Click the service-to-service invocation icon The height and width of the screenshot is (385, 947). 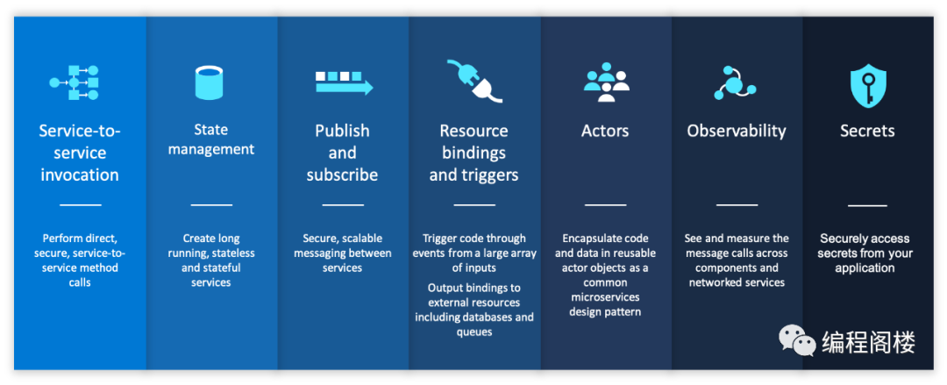[x=74, y=82]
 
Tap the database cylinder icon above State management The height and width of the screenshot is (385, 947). [x=209, y=82]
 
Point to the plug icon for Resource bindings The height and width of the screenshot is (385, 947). [x=474, y=80]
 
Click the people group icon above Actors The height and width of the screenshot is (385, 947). [x=607, y=82]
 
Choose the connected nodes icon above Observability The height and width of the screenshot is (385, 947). [x=735, y=82]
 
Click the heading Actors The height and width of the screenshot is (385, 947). [x=605, y=132]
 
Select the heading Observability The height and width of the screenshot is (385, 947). [x=737, y=132]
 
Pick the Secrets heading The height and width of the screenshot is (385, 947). [x=867, y=132]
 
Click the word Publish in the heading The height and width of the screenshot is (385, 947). [x=343, y=132]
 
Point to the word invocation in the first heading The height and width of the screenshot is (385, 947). [x=80, y=175]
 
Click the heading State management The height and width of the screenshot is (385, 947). [x=210, y=139]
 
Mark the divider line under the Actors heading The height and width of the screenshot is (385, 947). [x=605, y=205]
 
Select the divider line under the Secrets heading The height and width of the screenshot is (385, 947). [x=867, y=205]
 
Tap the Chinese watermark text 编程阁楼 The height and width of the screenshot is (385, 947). [x=868, y=342]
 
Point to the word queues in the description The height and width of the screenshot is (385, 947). [x=473, y=332]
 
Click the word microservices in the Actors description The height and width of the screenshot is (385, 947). [x=605, y=297]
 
